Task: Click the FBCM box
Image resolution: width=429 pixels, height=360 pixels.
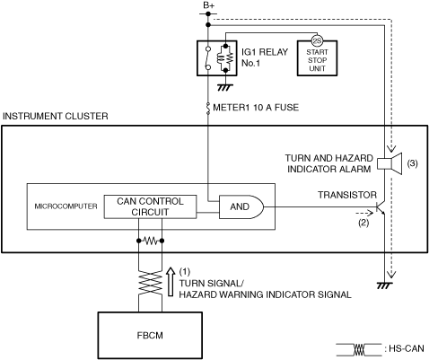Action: coord(150,335)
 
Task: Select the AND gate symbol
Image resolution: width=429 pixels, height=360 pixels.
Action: coord(241,206)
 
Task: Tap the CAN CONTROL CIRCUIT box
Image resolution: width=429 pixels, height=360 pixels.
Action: coord(150,206)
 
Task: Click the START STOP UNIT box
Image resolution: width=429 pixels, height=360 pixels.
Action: coord(317,58)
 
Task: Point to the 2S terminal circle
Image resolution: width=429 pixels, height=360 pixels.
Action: coord(317,40)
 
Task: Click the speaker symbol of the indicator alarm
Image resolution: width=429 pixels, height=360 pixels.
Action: coord(390,163)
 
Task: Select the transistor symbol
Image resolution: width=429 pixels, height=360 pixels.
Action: coord(381,207)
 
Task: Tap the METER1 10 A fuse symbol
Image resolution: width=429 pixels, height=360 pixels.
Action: coord(208,108)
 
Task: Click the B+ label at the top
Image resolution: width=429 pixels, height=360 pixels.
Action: coord(208,5)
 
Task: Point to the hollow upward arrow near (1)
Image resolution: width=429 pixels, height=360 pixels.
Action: coord(171,281)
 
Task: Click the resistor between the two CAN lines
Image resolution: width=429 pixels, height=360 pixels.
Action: coord(150,241)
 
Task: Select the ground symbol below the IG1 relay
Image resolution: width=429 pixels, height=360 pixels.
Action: coord(225,87)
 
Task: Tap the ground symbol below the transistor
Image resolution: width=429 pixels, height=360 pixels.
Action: coord(384,285)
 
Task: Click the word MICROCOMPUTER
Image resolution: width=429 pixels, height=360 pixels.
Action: coord(66,206)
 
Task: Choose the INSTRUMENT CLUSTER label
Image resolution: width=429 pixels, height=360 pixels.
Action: coord(56,116)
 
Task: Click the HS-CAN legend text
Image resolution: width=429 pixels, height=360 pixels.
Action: coord(407,348)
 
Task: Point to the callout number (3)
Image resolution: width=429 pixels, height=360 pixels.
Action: coord(413,163)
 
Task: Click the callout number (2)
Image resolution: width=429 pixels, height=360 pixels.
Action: coord(363,223)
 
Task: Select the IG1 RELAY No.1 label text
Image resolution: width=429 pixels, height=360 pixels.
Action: coord(265,57)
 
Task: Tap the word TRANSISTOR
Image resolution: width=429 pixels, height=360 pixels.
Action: coord(347,195)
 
